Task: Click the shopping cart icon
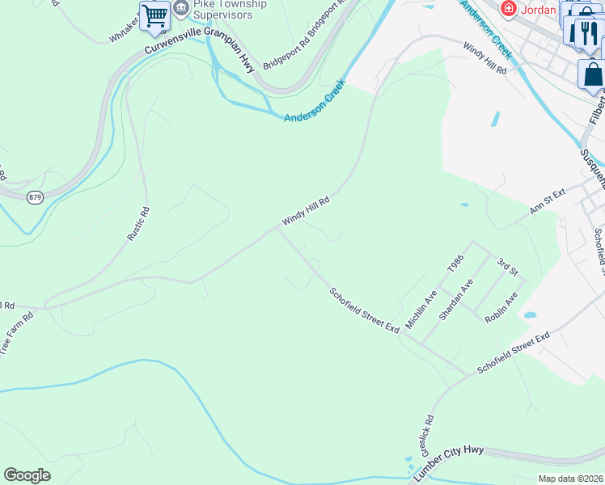[x=154, y=15]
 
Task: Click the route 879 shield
[x=34, y=197]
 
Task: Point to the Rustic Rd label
[x=138, y=225]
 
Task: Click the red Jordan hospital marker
[x=509, y=10]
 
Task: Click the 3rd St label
[x=507, y=266]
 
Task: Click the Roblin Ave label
[x=501, y=309]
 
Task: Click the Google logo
[x=27, y=475]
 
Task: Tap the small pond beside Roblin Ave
[x=530, y=314]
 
